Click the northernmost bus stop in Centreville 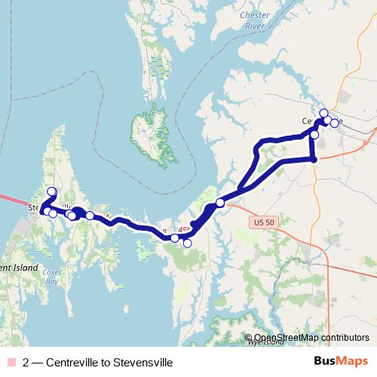click(x=324, y=113)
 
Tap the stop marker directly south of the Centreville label click(x=314, y=133)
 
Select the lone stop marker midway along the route click(x=219, y=202)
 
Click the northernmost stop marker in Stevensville click(x=51, y=192)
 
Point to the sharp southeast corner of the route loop click(x=314, y=159)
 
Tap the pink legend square click(x=9, y=362)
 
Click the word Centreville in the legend click(x=77, y=362)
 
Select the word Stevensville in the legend click(x=143, y=362)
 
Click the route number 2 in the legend click(x=26, y=362)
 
